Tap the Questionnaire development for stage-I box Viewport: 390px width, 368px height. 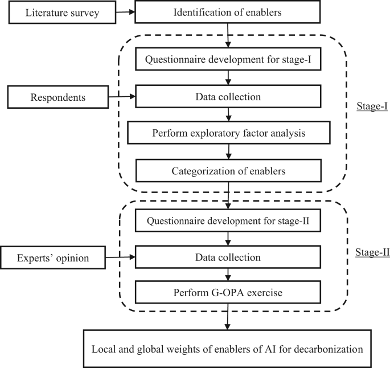228,59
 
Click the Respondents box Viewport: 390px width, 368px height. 58,97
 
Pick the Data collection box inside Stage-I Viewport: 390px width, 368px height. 228,97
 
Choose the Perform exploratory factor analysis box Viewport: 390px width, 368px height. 228,134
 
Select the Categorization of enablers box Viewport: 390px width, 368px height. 228,171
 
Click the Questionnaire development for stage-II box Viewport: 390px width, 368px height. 228,220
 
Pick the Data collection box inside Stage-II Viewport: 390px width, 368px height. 228,258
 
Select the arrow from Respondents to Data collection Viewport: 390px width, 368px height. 122,97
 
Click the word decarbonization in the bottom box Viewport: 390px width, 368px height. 325,348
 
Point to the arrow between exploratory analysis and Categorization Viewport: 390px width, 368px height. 228,152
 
